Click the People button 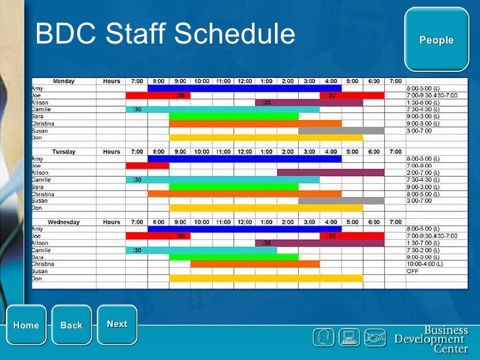tap(436, 40)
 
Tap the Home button tap(26, 325)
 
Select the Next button tap(117, 324)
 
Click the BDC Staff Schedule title tap(165, 34)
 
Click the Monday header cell tap(63, 81)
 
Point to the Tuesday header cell tap(63, 152)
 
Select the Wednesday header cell tap(63, 222)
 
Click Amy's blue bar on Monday tap(244, 88)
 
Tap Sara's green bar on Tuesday tap(233, 187)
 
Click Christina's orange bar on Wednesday tap(255, 264)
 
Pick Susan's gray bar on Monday tap(340, 131)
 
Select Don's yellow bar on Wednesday tap(265, 278)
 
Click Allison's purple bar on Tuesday tap(330, 173)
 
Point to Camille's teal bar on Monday tap(223, 109)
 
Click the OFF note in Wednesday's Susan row tap(413, 271)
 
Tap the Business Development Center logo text tap(431, 339)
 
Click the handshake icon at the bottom tap(375, 338)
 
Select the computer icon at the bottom tap(349, 338)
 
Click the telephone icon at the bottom tap(323, 338)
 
